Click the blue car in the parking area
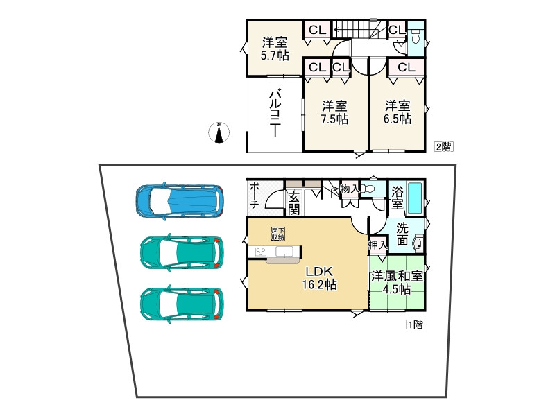[180, 201]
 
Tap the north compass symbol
[219, 132]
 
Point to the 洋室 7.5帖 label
[334, 112]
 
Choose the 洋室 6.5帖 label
[398, 112]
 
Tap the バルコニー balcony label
[274, 114]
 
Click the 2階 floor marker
[443, 146]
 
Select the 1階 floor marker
[415, 324]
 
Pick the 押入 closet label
[378, 244]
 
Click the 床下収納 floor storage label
[278, 234]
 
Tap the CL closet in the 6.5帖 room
[406, 67]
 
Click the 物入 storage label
[350, 189]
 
